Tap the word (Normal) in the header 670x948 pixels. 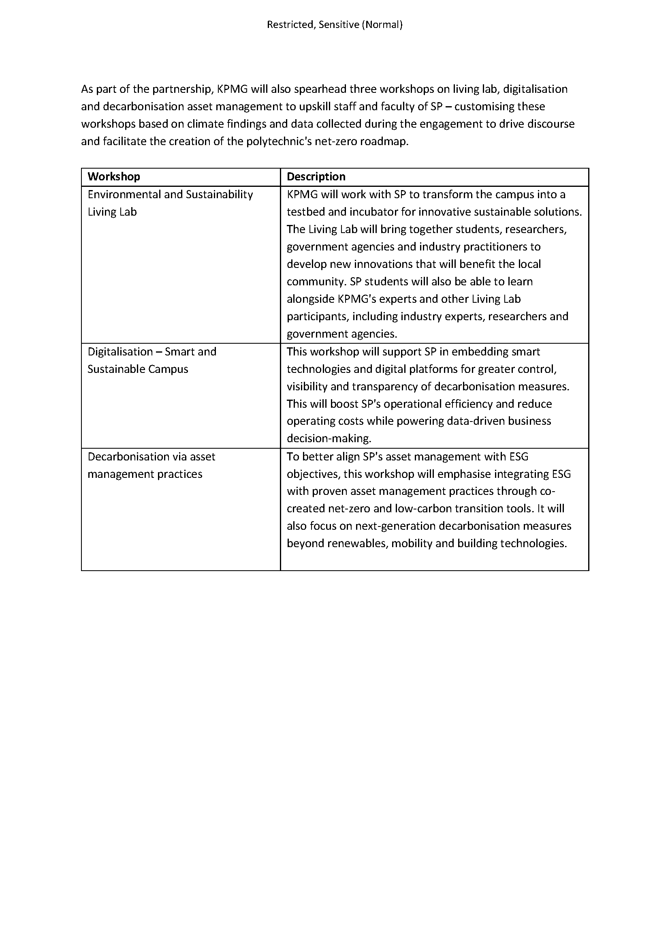[x=382, y=25]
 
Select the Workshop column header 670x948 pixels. [x=114, y=177]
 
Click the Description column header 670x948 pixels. [x=316, y=177]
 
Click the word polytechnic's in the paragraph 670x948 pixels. [x=278, y=141]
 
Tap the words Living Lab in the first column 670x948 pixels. [x=112, y=212]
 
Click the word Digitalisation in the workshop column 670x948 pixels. [x=120, y=352]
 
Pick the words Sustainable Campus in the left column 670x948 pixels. [x=138, y=369]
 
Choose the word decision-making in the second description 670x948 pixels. [x=329, y=439]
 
